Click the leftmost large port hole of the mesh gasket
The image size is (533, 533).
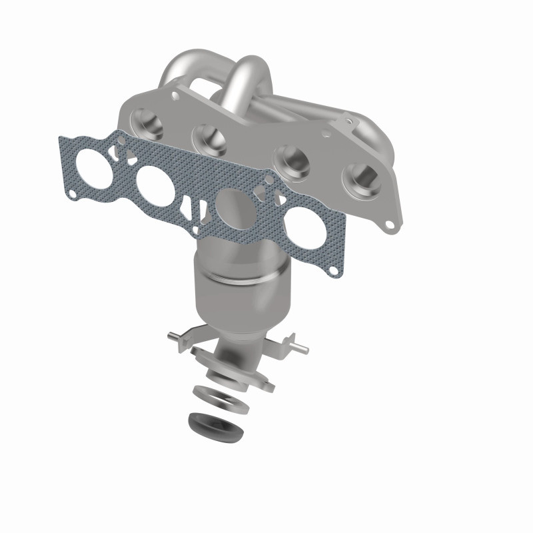[96, 159]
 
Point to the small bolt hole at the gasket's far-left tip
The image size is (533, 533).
[71, 194]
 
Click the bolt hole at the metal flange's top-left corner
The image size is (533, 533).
[175, 97]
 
